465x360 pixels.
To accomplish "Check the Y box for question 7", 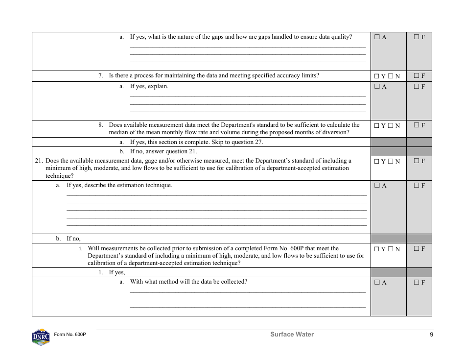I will pyautogui.click(x=376, y=76).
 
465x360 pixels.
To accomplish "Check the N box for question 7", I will pyautogui.click(x=391, y=76).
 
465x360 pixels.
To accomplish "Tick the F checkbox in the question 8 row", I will pyautogui.click(x=416, y=125).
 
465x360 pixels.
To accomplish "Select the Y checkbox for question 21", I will pyautogui.click(x=376, y=161).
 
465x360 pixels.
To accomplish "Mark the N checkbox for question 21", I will pyautogui.click(x=391, y=161).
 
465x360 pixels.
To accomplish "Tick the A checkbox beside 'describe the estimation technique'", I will pyautogui.click(x=377, y=186).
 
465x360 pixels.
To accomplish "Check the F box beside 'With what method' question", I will pyautogui.click(x=416, y=282).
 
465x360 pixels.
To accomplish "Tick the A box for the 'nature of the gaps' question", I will pyautogui.click(x=377, y=37).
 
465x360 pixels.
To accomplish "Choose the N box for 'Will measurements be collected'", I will pyautogui.click(x=391, y=249).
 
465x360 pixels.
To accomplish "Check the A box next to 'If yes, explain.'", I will pyautogui.click(x=377, y=87).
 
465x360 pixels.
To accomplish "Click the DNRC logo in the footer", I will pyautogui.click(x=41, y=337).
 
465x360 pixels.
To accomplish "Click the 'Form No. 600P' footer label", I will pyautogui.click(x=70, y=335).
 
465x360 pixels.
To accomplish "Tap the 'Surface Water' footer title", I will pyautogui.click(x=292, y=335).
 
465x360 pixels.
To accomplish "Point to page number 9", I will pyautogui.click(x=431, y=335).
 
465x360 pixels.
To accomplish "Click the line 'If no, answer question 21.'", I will pyautogui.click(x=163, y=151).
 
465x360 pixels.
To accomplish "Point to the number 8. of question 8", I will pyautogui.click(x=101, y=125).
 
